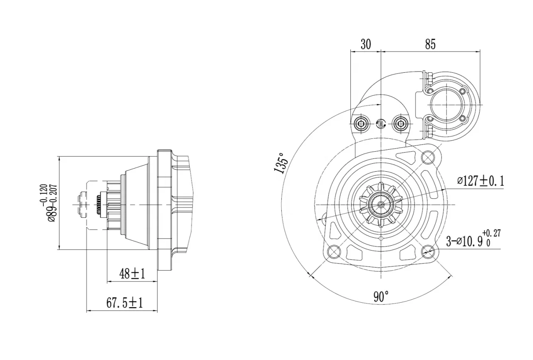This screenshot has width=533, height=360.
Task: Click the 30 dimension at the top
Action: [365, 44]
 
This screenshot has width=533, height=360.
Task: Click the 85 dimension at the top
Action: [430, 44]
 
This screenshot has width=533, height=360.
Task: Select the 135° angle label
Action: [281, 163]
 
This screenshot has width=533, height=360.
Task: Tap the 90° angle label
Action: [381, 297]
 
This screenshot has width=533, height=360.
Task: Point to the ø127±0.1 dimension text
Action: [480, 181]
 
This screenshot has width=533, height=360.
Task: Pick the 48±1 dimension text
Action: [132, 274]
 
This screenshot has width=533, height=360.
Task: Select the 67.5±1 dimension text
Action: [124, 303]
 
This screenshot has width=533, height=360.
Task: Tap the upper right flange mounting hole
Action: [428, 157]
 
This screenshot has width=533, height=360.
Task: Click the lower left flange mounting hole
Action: [334, 251]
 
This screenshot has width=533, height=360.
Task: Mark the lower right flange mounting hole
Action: [429, 251]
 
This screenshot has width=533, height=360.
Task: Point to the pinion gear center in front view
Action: [381, 205]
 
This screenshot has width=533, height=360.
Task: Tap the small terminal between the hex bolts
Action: [380, 123]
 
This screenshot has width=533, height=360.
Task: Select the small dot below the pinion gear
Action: [382, 238]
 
